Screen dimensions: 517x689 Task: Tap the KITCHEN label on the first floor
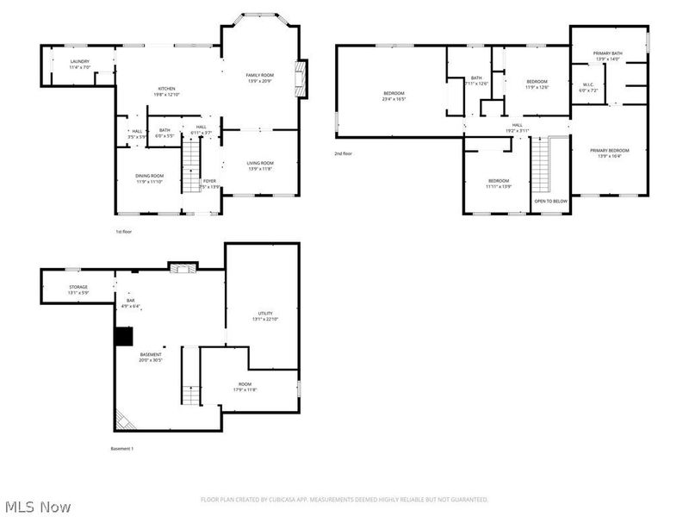[x=167, y=89]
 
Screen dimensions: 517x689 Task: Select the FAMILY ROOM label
[x=259, y=76]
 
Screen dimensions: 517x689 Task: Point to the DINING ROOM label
[x=149, y=176]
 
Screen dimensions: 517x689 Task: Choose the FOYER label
[x=209, y=181]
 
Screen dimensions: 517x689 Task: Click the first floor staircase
[x=190, y=164]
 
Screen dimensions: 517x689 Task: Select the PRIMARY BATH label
[x=608, y=54]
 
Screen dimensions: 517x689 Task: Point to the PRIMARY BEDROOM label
[x=609, y=151]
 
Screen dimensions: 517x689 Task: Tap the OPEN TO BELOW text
[x=550, y=201]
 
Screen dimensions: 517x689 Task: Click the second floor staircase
[x=540, y=165]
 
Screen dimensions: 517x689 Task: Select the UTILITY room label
[x=264, y=314]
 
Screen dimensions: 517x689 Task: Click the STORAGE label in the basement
[x=78, y=287]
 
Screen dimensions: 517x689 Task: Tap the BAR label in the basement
[x=130, y=301]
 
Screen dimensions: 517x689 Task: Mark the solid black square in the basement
[x=124, y=335]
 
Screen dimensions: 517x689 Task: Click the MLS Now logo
[x=38, y=507]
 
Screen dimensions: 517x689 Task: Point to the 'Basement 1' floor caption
[x=122, y=448]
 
